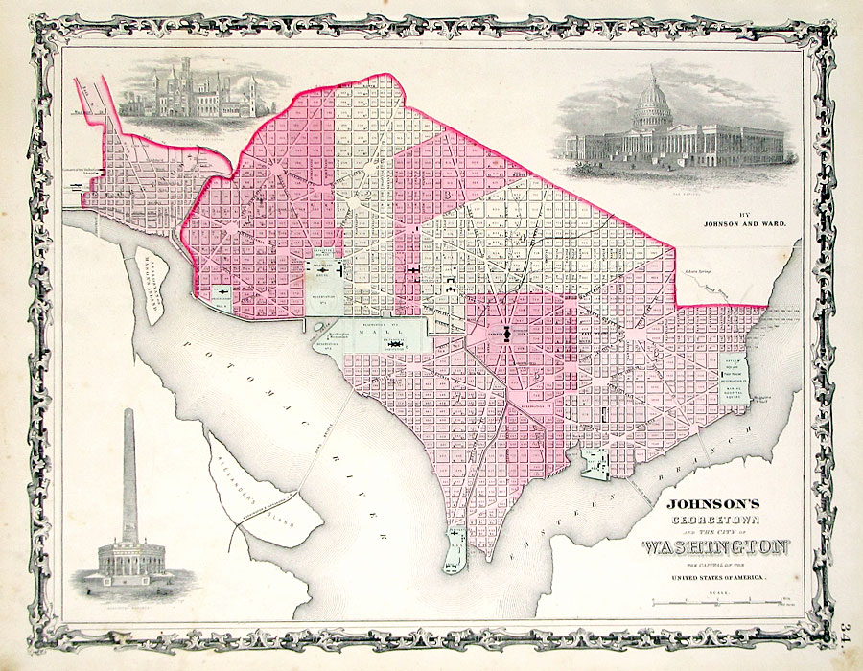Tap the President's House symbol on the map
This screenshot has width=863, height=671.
pyautogui.click(x=327, y=272)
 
